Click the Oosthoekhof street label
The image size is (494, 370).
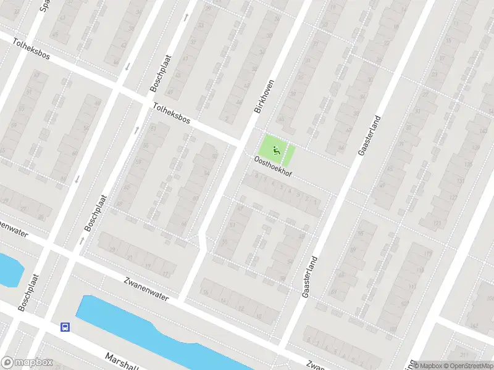click(x=273, y=167)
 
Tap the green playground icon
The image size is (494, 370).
click(x=275, y=147)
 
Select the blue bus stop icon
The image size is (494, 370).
click(x=64, y=326)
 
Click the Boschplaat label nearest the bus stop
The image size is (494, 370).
click(x=28, y=292)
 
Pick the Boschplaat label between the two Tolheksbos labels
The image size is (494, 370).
click(x=160, y=73)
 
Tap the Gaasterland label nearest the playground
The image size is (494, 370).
click(x=368, y=135)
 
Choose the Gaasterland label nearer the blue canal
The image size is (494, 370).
click(x=310, y=277)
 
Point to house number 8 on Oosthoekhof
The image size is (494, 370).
click(x=256, y=176)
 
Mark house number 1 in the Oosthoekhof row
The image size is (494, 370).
click(x=316, y=202)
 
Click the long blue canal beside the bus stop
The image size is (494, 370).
click(x=154, y=330)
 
